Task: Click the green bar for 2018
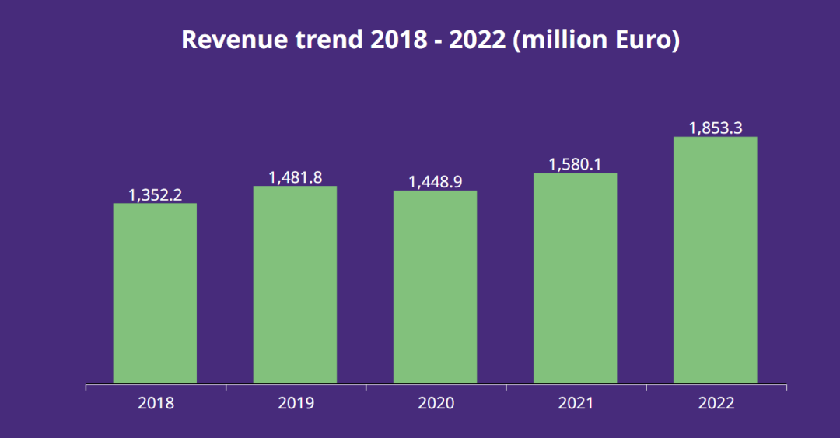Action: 155,293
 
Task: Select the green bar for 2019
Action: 295,285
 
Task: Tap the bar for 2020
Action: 435,287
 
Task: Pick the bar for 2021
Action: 575,278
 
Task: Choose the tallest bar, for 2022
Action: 715,260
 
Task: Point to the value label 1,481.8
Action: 295,177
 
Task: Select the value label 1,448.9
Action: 435,182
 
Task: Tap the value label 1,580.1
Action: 575,164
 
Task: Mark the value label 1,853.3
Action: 715,128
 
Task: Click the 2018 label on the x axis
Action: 156,403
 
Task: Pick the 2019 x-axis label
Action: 296,403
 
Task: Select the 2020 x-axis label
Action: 436,403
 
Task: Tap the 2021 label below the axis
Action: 576,403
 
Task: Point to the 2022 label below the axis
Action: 716,403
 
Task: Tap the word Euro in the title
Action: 643,40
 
